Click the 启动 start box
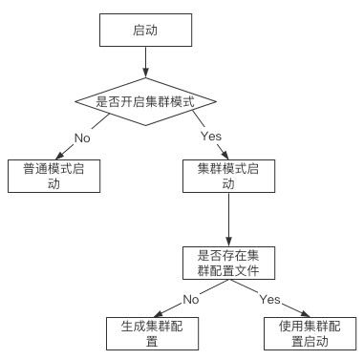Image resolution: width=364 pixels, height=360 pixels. (144, 31)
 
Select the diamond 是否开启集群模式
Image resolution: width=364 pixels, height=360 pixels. (144, 100)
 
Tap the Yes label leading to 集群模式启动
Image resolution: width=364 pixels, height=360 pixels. (211, 137)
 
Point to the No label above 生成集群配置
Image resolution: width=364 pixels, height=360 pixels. (190, 299)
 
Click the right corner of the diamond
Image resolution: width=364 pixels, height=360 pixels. (216, 100)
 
